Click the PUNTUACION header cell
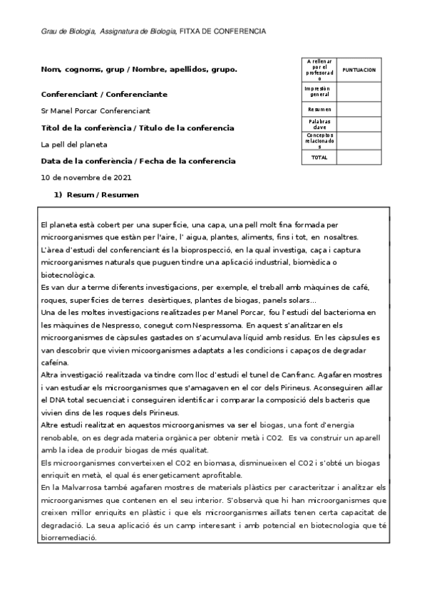359,71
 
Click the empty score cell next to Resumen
359,109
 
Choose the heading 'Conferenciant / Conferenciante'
104,94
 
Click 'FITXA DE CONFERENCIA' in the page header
222,31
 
